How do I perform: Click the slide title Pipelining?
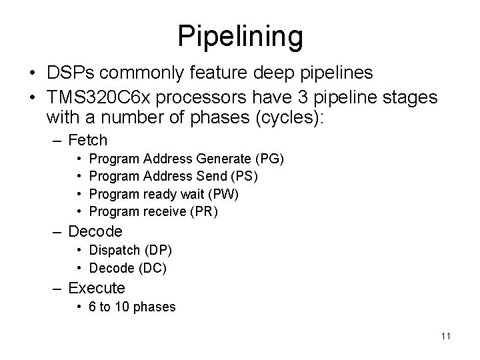click(x=240, y=36)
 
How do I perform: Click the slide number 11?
click(x=445, y=336)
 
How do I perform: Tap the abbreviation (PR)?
click(x=204, y=212)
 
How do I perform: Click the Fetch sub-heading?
click(x=88, y=141)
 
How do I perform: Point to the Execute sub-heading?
click(x=97, y=289)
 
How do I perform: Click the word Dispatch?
click(x=113, y=250)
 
